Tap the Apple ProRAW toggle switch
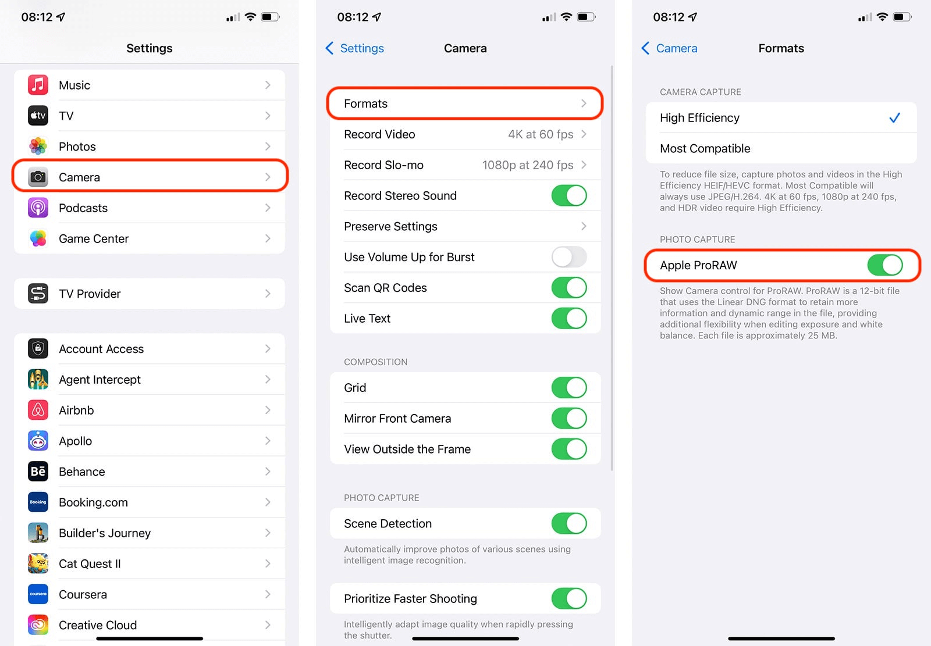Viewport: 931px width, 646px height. click(x=885, y=265)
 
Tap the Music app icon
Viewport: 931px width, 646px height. click(x=38, y=85)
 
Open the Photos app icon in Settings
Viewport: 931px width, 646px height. click(x=38, y=146)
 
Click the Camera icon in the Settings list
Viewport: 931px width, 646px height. click(x=38, y=177)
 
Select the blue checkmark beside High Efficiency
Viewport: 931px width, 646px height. click(x=894, y=117)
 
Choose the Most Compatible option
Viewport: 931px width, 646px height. click(x=705, y=148)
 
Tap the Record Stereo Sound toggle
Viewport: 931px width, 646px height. click(x=569, y=195)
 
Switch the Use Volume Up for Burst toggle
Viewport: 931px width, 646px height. click(x=569, y=257)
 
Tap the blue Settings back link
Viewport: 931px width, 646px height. click(x=354, y=48)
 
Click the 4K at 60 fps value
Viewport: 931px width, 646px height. click(x=541, y=134)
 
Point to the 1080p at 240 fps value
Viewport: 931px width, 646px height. click(x=527, y=165)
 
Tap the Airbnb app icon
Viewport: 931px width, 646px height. click(x=38, y=410)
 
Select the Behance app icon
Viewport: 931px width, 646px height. click(x=38, y=472)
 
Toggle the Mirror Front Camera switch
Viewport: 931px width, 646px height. click(x=569, y=418)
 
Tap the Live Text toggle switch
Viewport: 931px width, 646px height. click(x=569, y=318)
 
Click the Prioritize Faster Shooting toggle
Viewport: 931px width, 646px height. click(x=569, y=599)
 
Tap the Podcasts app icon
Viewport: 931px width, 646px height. click(x=38, y=208)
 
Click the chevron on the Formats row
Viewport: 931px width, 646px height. click(x=584, y=103)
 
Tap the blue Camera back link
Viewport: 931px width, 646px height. click(x=669, y=48)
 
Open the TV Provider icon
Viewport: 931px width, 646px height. click(x=38, y=294)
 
